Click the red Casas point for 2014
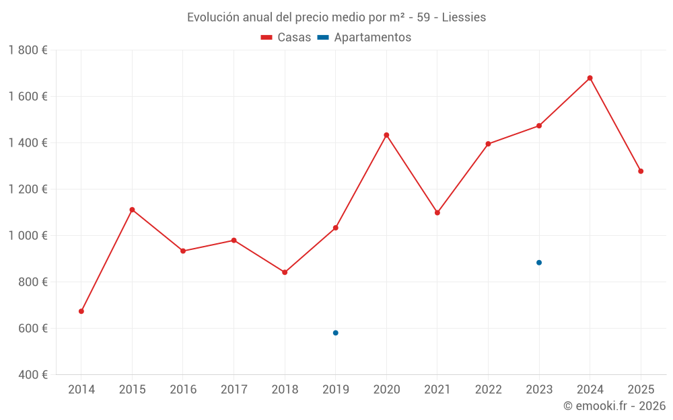(x=81, y=311)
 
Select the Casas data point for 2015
(x=132, y=210)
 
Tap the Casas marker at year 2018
(x=285, y=272)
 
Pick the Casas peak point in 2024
(x=590, y=78)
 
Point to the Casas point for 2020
(x=386, y=135)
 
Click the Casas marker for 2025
(x=641, y=171)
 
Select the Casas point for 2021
(x=437, y=212)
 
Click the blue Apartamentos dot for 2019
(x=335, y=333)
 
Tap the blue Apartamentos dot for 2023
(x=539, y=263)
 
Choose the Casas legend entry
(x=287, y=38)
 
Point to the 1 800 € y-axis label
(x=28, y=50)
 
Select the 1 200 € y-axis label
(x=28, y=189)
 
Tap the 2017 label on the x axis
(x=234, y=389)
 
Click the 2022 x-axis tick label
(x=488, y=389)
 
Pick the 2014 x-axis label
(x=81, y=389)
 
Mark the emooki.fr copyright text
(x=614, y=406)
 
